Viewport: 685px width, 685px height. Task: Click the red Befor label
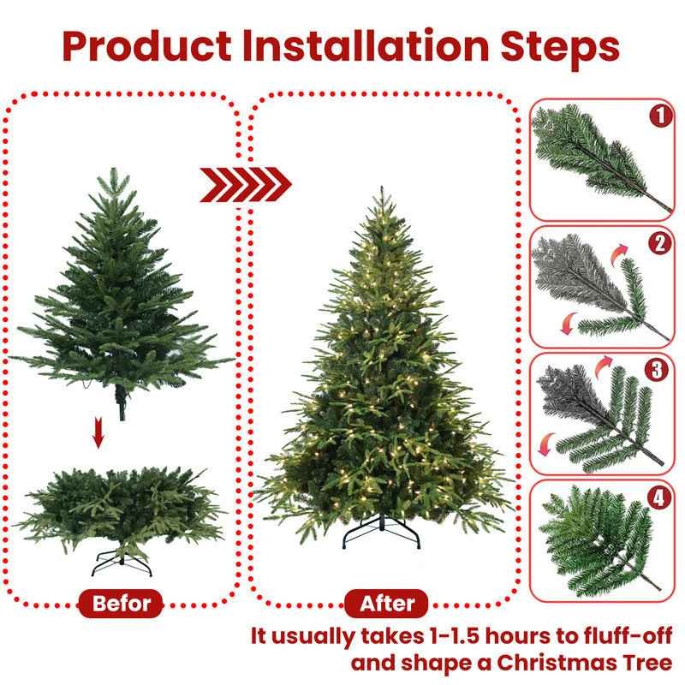[x=122, y=603]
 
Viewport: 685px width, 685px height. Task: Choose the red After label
[x=387, y=603]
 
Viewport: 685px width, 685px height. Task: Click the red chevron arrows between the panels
[x=246, y=183]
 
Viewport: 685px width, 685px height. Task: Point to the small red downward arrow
[x=98, y=436]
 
